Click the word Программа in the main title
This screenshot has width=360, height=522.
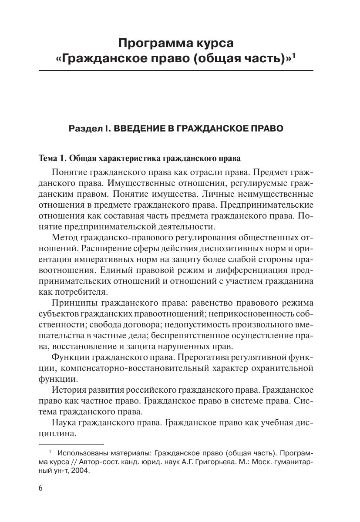(150, 43)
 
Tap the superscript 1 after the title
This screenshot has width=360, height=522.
(294, 55)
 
